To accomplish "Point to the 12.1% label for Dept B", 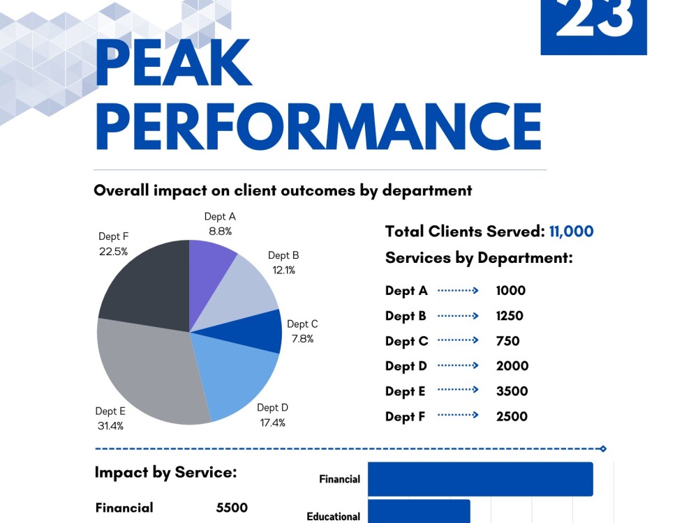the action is coord(283,270).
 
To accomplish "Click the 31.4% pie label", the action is coord(110,425).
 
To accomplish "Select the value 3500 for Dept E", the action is coord(512,391).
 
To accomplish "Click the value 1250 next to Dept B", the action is coord(510,316).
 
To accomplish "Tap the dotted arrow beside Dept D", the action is coord(458,365).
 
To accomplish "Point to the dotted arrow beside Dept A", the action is coord(458,290).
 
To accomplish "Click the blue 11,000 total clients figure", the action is coord(571,232).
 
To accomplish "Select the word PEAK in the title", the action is coord(174,62).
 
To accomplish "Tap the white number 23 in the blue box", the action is coord(593,18).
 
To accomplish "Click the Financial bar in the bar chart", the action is coord(480,479).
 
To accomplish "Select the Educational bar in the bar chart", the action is coord(419,511).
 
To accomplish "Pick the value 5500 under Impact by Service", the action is coord(232,508).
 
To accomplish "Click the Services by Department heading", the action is coord(479,258).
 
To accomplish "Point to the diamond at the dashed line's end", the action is coord(603,448).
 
